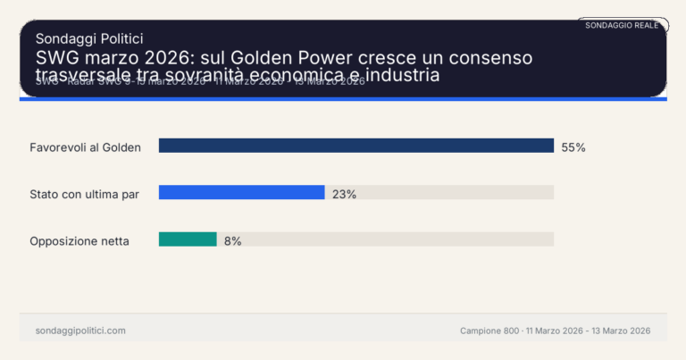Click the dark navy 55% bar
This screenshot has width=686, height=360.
point(356,146)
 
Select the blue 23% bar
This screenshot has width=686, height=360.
point(241,192)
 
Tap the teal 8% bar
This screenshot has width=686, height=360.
point(188,239)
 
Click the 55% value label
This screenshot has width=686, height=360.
point(573,147)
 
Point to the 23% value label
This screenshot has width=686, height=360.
point(344,194)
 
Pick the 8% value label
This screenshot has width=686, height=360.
point(232,240)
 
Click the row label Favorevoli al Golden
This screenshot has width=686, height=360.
point(86,147)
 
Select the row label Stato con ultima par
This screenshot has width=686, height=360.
point(85,194)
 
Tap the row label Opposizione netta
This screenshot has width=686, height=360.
point(79,240)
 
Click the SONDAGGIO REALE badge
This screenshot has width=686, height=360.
point(622,25)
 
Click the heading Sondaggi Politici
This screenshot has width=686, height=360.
point(89,38)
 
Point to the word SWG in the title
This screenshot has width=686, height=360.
point(55,58)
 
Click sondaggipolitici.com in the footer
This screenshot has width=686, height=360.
point(80,331)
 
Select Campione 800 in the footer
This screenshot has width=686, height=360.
point(489,331)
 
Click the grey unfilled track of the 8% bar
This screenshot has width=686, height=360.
point(384,239)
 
